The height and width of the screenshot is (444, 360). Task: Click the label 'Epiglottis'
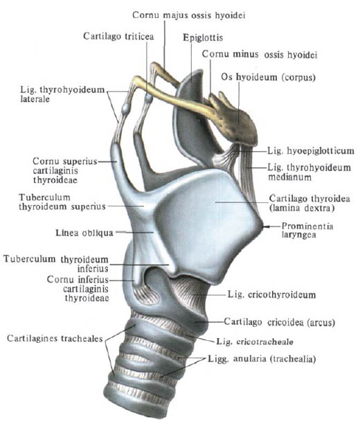point(203,37)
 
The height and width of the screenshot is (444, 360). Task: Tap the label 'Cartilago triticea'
point(118,37)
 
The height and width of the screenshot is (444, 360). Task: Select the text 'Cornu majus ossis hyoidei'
point(189,15)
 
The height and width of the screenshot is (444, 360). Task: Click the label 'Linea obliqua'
point(84,233)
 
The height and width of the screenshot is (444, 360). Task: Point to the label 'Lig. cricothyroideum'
point(272,295)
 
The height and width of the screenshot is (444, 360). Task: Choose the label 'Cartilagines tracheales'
point(55,338)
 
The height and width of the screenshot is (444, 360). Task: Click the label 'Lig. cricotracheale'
point(255,341)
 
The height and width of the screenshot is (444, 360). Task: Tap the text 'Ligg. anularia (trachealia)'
point(262,359)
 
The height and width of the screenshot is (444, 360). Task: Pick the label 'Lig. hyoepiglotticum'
point(311,150)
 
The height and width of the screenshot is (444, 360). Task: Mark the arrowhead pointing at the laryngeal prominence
point(265,227)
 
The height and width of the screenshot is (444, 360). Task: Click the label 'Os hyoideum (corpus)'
point(268,78)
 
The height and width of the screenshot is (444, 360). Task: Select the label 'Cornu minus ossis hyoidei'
point(260,54)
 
